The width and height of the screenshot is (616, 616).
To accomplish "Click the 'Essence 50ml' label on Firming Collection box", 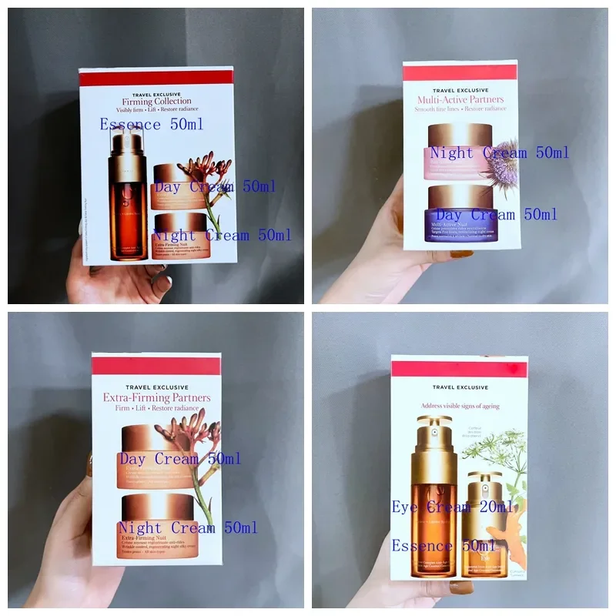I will point(152,124).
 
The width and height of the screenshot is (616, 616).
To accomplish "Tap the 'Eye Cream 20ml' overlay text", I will point(453,507).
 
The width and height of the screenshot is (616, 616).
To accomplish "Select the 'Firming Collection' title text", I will point(156,101).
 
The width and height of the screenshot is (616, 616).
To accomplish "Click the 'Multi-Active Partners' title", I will point(460,99).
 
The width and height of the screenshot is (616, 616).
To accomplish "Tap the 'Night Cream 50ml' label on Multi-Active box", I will point(499,152).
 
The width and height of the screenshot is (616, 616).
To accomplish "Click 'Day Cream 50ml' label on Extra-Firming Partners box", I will point(180,459).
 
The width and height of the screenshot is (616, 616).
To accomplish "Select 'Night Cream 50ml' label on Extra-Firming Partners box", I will point(187,528).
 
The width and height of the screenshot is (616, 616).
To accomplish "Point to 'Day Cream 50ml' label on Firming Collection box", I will point(214,186).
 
